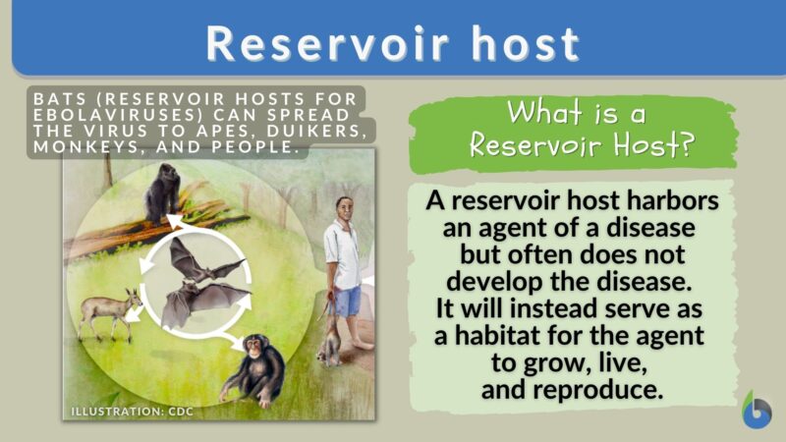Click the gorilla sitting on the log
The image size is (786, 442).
(162, 193)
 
